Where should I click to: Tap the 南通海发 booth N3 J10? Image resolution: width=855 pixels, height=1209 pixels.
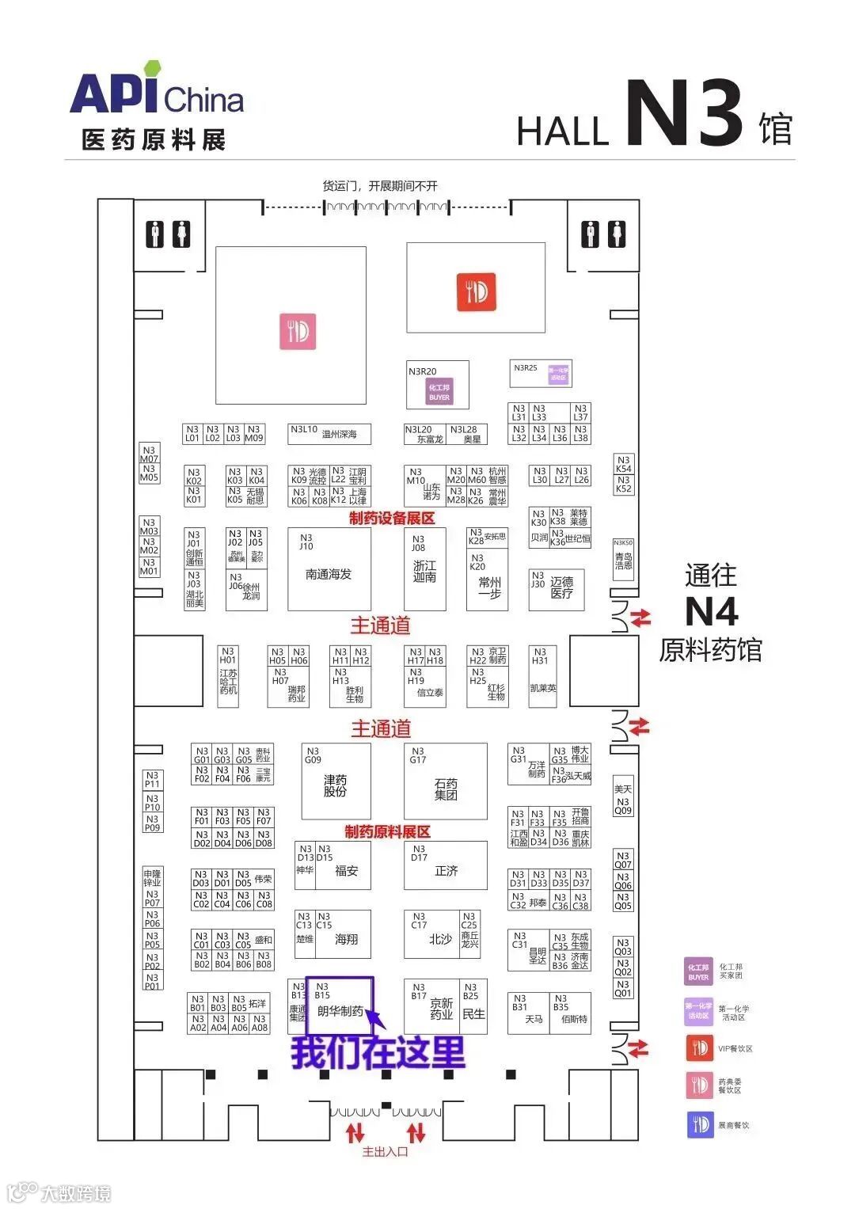click(328, 569)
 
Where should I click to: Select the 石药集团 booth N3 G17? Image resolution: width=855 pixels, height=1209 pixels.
click(445, 781)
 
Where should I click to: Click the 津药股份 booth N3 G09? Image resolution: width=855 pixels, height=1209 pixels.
click(336, 781)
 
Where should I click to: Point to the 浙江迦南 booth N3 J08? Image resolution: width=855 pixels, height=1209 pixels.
click(424, 569)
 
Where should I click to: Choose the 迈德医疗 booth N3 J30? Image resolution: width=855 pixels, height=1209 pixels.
click(557, 589)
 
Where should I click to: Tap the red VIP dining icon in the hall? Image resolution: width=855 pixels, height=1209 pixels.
click(476, 291)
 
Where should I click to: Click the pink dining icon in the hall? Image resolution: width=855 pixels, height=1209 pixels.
click(298, 331)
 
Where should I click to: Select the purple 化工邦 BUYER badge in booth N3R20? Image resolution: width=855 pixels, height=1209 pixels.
click(439, 392)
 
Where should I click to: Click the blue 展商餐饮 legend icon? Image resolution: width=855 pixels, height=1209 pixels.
click(700, 1124)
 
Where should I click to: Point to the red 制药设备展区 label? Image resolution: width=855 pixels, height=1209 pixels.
click(392, 519)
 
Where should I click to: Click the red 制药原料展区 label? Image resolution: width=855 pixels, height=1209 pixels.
click(387, 831)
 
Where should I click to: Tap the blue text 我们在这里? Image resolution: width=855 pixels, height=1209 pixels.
click(378, 1052)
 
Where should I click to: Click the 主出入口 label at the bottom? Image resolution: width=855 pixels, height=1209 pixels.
click(385, 1152)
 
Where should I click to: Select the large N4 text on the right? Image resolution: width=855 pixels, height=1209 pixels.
click(711, 611)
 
